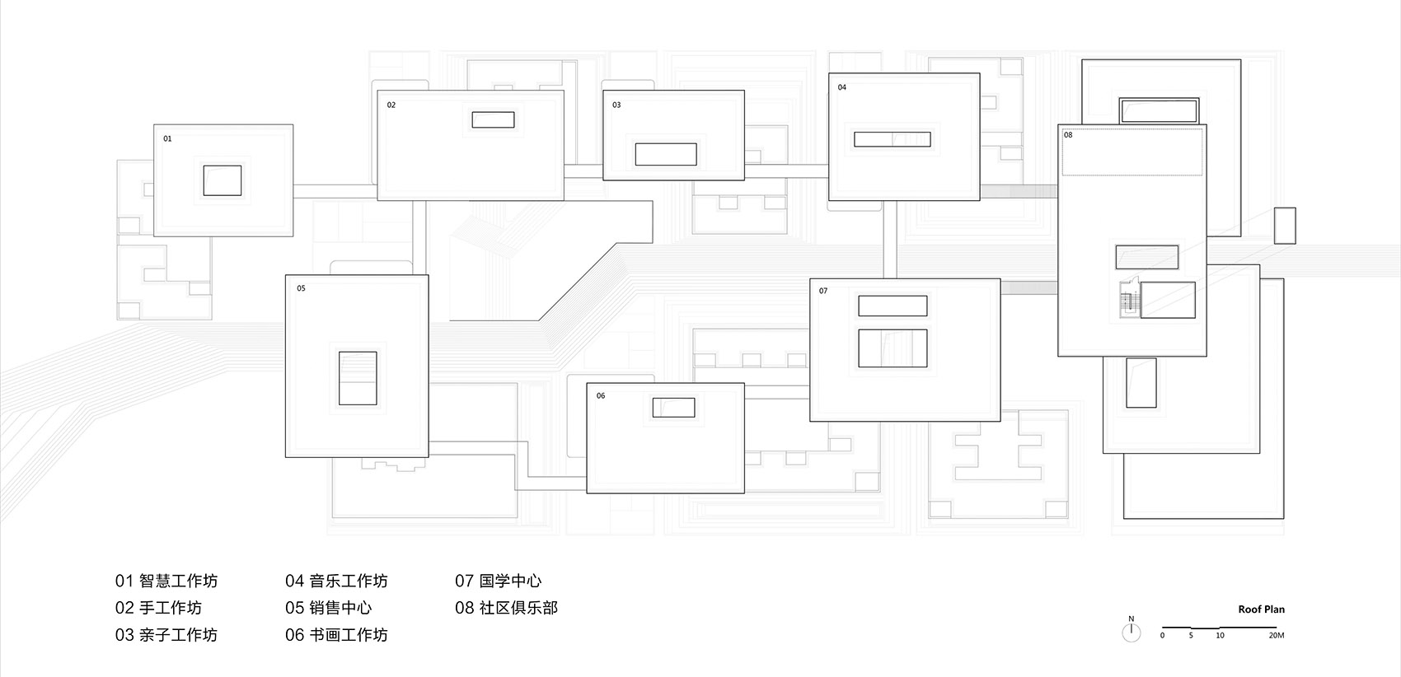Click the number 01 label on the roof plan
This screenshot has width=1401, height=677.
click(x=167, y=139)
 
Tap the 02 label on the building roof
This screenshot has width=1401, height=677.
click(x=391, y=105)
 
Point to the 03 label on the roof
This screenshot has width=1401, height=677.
click(x=616, y=105)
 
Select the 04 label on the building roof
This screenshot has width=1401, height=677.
click(x=842, y=87)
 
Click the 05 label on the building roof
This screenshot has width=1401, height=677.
click(x=301, y=288)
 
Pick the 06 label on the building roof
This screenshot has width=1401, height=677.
click(x=601, y=396)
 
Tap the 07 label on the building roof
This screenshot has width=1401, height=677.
click(x=823, y=291)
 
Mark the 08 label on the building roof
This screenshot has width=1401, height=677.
click(x=1068, y=135)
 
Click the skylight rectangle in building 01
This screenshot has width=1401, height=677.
click(x=223, y=180)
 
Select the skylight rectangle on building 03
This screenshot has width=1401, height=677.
click(x=666, y=154)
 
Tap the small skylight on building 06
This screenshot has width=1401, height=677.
click(x=673, y=407)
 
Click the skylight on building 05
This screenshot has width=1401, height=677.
click(x=358, y=378)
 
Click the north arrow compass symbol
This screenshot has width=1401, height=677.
click(x=1132, y=631)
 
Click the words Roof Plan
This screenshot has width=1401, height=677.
click(x=1261, y=609)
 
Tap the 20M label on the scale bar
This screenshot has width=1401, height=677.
click(x=1276, y=635)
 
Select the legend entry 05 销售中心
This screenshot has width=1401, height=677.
click(x=328, y=608)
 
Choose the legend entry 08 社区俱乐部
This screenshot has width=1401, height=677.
click(x=506, y=608)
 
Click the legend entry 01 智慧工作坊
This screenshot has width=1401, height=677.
click(x=166, y=581)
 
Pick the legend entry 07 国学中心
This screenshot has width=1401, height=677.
click(x=498, y=581)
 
